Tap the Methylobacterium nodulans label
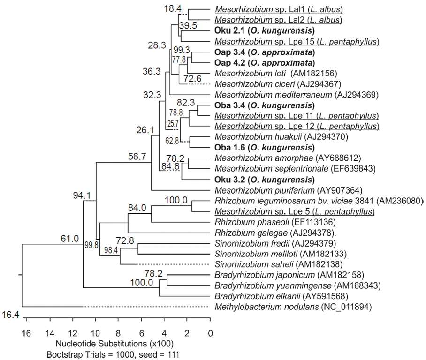[266, 307]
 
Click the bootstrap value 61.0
[69, 239]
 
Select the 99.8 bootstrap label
[91, 245]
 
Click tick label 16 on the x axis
[26, 334]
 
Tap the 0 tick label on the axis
[211, 334]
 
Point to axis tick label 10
[95, 334]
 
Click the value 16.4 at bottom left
[9, 315]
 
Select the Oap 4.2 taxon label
[230, 63]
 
